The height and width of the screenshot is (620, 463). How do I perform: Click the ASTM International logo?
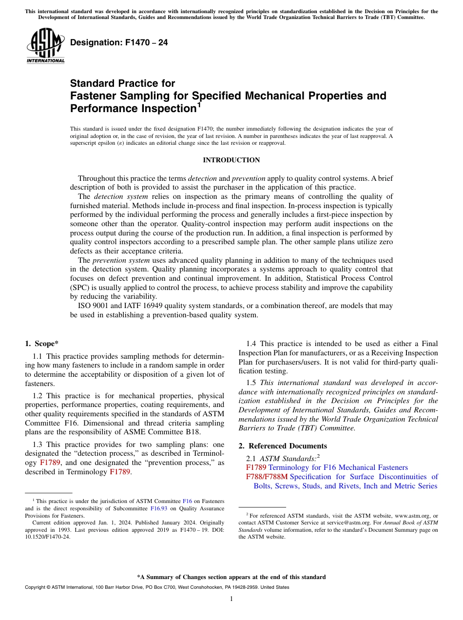pyautogui.click(x=45, y=46)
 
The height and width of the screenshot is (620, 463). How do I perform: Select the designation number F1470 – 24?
pyautogui.click(x=119, y=43)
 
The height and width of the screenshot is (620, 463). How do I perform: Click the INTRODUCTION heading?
pyautogui.click(x=231, y=160)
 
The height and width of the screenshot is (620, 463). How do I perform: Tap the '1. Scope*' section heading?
pyautogui.click(x=42, y=343)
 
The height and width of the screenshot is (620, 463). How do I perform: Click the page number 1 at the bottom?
pyautogui.click(x=231, y=599)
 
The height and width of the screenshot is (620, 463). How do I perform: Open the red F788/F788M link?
pyautogui.click(x=267, y=477)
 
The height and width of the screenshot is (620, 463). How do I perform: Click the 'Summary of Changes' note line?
pyautogui.click(x=231, y=577)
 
